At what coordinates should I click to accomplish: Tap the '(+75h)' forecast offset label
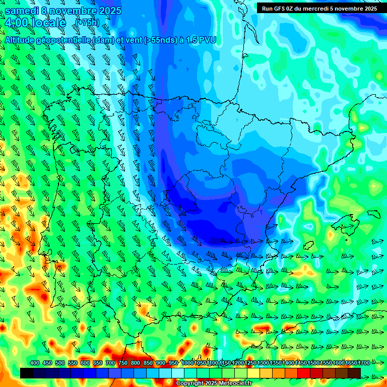87,22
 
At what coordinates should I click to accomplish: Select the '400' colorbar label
35,363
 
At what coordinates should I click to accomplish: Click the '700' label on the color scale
110,363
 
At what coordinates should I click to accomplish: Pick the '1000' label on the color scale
187,363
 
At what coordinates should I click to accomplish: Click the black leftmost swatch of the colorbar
27,373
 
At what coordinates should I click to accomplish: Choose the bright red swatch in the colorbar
304,373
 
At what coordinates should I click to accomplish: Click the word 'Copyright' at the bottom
189,383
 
